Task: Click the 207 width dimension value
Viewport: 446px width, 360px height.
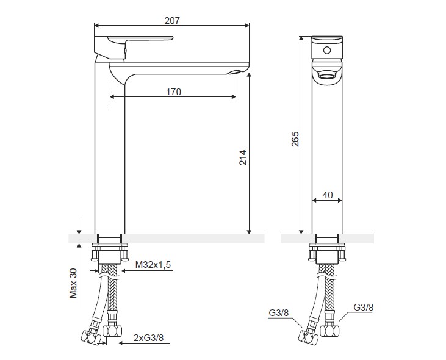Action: point(172,21)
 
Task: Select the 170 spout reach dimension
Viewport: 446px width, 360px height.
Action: point(173,92)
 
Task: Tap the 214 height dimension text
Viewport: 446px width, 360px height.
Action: point(243,157)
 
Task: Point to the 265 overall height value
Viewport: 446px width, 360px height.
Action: point(295,139)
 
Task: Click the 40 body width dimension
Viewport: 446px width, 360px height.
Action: point(328,195)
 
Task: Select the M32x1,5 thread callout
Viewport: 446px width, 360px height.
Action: point(153,265)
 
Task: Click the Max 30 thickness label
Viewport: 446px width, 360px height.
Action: point(73,283)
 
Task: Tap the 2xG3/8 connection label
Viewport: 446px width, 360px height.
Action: point(148,338)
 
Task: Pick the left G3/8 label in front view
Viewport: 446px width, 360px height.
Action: point(278,313)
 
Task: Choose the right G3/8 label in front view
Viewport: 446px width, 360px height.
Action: point(363,307)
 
